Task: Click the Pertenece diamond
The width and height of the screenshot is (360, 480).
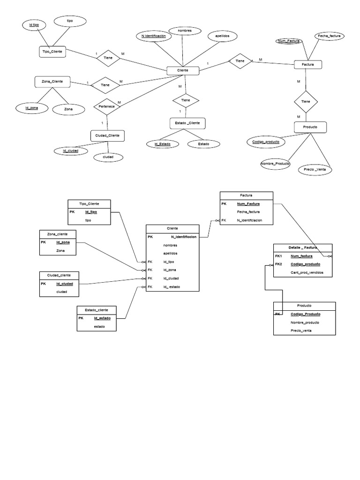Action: click(x=107, y=106)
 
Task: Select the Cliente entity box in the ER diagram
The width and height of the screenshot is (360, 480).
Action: click(x=183, y=70)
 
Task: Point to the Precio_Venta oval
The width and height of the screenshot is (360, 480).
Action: click(x=315, y=169)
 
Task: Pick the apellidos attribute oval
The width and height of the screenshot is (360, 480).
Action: click(x=222, y=36)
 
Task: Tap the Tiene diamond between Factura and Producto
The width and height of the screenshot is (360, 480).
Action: click(x=306, y=101)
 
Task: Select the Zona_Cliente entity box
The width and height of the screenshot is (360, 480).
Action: click(x=52, y=82)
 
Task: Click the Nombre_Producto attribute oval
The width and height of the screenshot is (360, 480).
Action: click(x=276, y=164)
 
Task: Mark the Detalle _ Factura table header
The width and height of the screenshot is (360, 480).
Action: click(x=302, y=247)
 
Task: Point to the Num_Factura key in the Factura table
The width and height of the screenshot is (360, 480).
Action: click(x=248, y=203)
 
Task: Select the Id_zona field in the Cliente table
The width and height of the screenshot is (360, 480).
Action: click(x=170, y=270)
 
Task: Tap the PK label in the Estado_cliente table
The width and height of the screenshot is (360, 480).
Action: click(x=81, y=318)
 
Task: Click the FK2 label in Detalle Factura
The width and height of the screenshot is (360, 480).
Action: click(x=279, y=264)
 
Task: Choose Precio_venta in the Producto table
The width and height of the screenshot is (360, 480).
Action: click(x=301, y=330)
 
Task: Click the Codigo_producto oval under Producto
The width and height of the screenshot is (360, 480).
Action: click(x=265, y=142)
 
